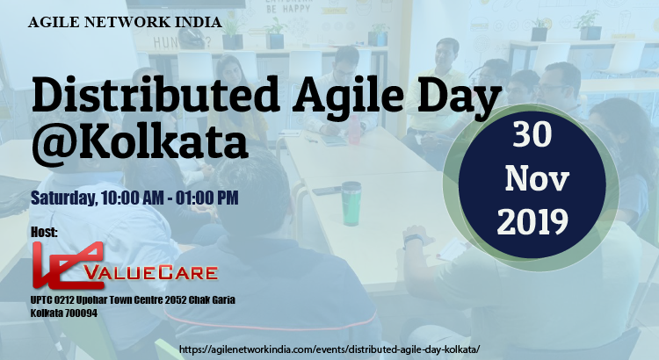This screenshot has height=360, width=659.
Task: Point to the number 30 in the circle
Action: pos(532,134)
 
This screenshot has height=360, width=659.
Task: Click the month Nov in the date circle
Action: pos(537,178)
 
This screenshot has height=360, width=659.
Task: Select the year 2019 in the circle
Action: pos(532,221)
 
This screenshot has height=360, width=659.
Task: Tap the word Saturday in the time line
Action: pos(64,198)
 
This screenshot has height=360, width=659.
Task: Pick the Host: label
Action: pos(44,232)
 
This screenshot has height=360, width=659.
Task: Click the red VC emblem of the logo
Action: pos(68,265)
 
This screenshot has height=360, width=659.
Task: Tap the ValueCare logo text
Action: pos(151,273)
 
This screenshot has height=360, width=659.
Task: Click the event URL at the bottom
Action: pos(329,349)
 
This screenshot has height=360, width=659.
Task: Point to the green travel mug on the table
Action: pos(351,204)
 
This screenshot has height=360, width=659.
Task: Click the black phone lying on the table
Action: pos(327,191)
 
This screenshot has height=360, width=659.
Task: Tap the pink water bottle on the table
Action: pos(354,129)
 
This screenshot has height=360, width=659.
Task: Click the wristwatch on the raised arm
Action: pos(414,240)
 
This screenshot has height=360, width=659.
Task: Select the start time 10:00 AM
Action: pos(133,198)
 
